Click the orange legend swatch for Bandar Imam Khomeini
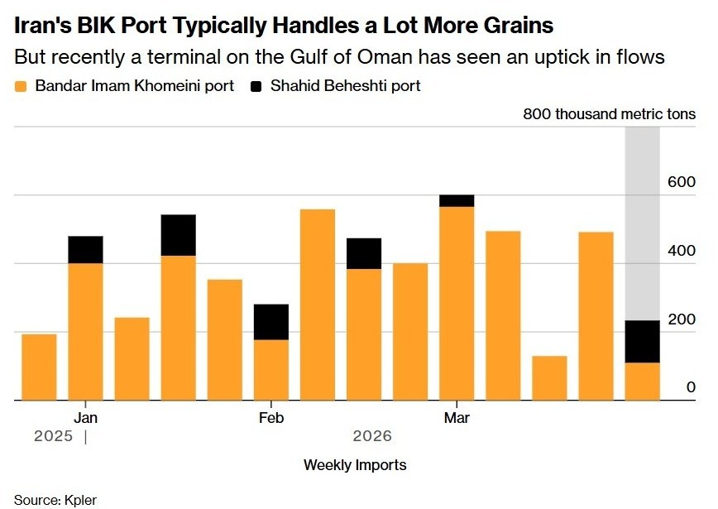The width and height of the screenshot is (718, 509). tap(21, 86)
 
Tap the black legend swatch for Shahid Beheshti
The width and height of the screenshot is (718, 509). tap(256, 86)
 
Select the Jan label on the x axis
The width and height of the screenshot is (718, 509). tap(85, 418)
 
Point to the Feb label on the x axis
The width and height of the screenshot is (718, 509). tap(270, 418)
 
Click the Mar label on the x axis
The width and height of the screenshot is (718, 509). tap(456, 418)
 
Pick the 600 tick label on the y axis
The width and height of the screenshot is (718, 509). tap(682, 182)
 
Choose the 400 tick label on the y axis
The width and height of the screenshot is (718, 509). tap(682, 251)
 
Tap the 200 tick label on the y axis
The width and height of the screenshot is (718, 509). tap(682, 319)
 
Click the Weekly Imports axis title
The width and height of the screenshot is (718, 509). tap(355, 464)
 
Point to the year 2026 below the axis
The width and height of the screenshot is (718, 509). tap(372, 436)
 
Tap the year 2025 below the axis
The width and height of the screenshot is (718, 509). tap(53, 436)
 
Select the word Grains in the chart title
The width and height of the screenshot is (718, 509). tap(512, 26)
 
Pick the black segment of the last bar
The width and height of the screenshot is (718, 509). tap(642, 341)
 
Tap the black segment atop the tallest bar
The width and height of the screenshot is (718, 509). tap(457, 200)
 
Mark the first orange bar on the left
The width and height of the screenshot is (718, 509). tap(39, 367)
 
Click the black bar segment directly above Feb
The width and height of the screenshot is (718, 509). tap(271, 322)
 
